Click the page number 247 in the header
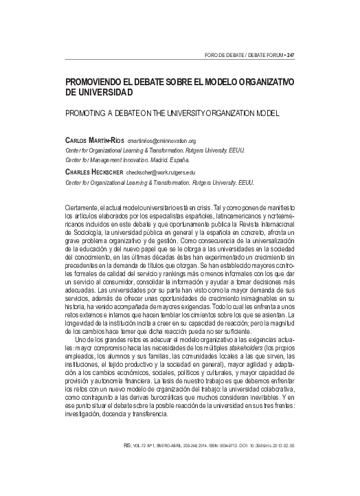(x=290, y=54)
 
